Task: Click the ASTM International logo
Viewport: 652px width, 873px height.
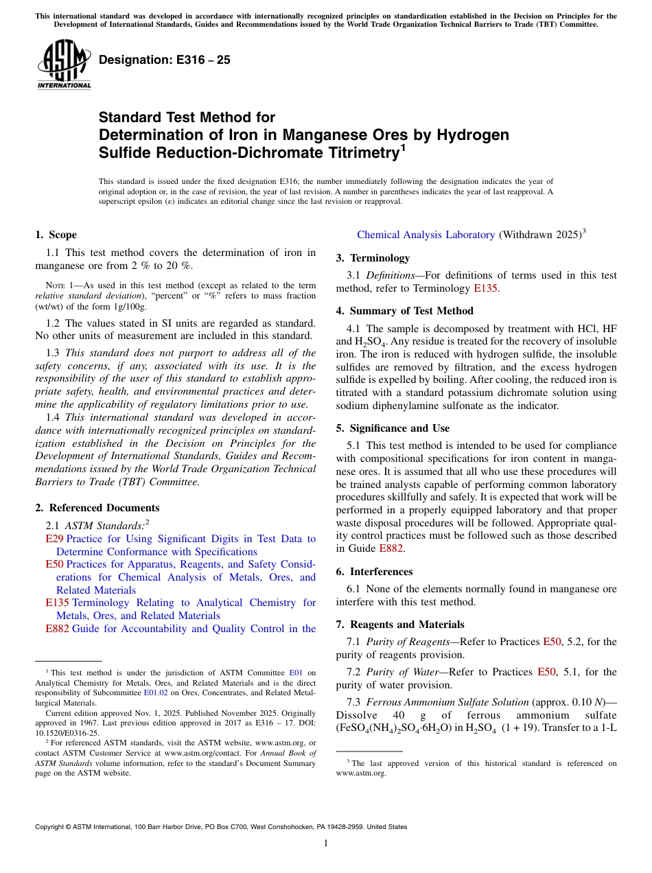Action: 64,65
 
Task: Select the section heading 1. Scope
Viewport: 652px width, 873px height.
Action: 56,235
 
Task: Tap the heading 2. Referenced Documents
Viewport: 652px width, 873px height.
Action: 97,508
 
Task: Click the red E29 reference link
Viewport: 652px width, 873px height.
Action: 54,539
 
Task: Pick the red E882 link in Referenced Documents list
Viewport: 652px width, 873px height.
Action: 57,629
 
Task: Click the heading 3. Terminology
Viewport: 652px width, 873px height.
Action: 373,258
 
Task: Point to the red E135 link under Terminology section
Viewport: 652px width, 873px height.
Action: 485,288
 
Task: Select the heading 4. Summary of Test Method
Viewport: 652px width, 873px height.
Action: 404,311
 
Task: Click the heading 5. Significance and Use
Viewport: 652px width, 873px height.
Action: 393,428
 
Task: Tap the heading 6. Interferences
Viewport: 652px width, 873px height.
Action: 374,572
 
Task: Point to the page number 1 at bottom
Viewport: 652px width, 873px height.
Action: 326,843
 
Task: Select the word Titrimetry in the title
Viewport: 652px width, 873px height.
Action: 358,152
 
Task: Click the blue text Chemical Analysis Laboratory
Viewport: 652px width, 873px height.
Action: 426,235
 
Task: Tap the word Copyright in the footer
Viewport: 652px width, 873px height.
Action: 49,827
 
